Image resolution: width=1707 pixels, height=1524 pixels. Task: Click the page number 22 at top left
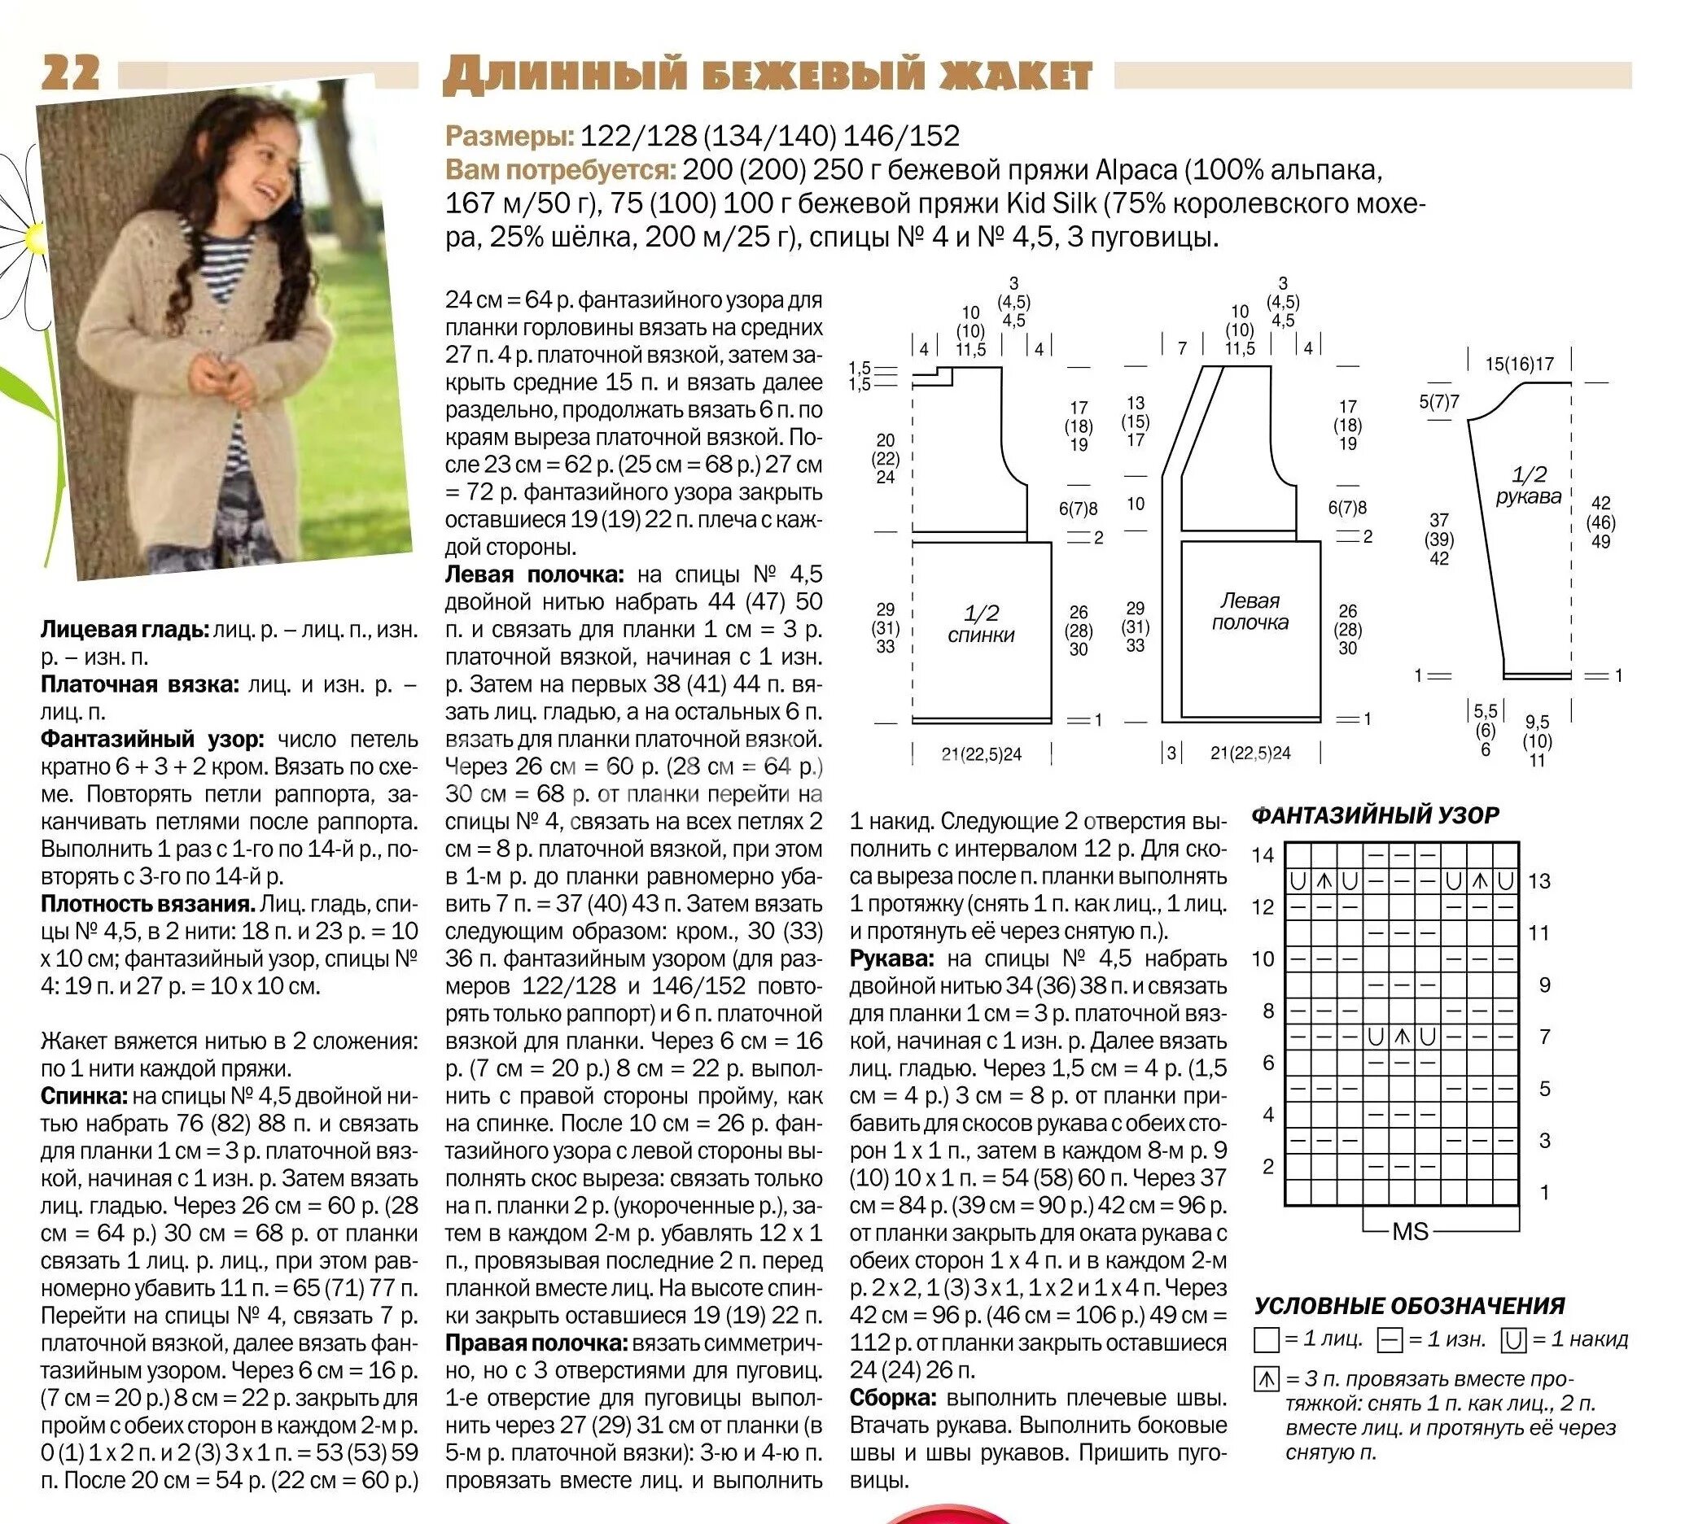[70, 72]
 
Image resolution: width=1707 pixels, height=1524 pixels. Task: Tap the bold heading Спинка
[84, 1096]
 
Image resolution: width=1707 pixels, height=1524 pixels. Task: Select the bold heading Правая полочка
[536, 1343]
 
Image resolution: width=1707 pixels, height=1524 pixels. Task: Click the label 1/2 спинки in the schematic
[981, 624]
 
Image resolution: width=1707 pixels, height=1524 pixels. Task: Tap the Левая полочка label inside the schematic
[1250, 611]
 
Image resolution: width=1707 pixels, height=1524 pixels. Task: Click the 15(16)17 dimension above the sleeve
[1520, 365]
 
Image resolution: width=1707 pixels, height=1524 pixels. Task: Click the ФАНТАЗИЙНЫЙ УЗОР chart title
[1376, 814]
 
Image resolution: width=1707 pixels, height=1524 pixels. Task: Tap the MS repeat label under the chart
[1411, 1232]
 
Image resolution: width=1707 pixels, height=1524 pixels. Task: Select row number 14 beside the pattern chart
[1263, 855]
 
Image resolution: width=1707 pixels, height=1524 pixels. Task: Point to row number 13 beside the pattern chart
[1539, 881]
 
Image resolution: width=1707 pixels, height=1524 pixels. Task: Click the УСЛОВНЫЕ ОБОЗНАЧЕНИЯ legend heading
[1410, 1305]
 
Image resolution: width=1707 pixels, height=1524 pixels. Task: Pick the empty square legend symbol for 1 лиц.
[1267, 1341]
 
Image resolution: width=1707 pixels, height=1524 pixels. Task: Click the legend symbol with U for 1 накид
[1512, 1341]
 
